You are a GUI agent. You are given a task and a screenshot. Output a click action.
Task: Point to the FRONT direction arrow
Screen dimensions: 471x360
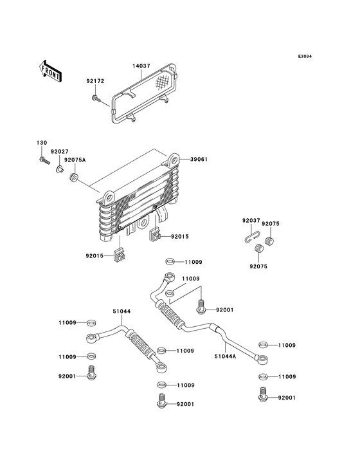pos(50,70)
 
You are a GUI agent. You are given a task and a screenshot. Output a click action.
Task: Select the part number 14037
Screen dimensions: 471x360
pos(141,66)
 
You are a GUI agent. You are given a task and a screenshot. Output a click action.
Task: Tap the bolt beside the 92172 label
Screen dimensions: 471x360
pos(95,98)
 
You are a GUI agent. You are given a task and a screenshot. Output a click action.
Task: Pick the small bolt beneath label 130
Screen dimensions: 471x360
pos(43,160)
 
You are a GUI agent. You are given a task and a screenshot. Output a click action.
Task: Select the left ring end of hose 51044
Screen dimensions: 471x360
pos(92,337)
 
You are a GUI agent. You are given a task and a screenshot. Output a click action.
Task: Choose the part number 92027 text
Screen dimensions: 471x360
pos(60,152)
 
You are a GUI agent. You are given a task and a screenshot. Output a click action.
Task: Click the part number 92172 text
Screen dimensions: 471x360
pos(95,82)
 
